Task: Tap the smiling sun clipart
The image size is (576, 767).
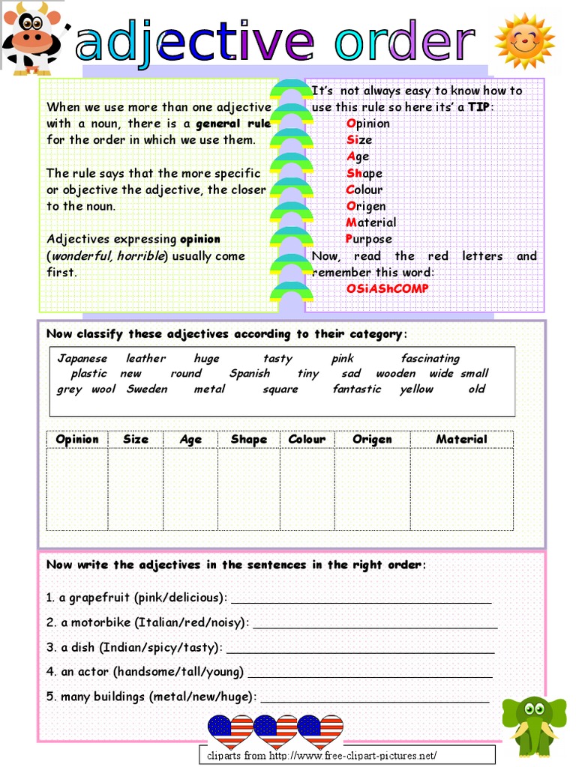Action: point(524,40)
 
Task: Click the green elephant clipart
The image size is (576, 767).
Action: point(534,724)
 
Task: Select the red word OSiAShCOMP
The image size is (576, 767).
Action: point(388,288)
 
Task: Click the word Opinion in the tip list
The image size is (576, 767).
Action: point(368,124)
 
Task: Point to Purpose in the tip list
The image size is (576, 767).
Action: point(369,239)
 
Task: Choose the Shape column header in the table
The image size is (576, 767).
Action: point(249,440)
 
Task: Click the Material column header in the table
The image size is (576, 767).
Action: point(461,440)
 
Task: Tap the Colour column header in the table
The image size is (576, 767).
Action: point(307,440)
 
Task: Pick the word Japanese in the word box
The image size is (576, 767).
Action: point(82,359)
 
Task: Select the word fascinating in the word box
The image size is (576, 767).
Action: point(430,359)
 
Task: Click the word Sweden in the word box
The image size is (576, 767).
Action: point(147,389)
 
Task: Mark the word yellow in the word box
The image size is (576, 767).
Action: point(416,389)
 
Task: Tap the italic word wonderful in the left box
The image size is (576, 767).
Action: point(81,256)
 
